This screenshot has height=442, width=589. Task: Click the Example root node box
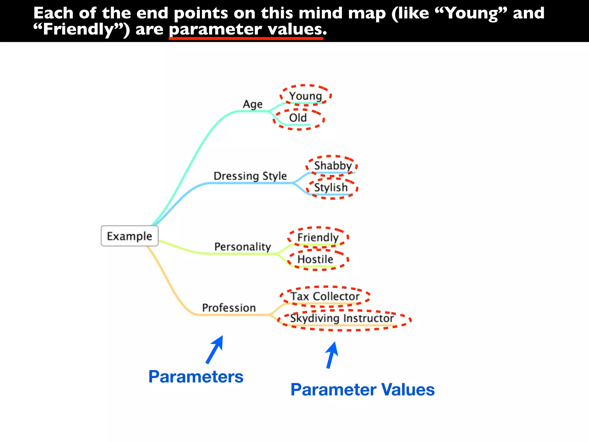click(129, 236)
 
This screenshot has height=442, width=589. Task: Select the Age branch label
click(253, 104)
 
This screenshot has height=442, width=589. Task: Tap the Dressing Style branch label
click(250, 176)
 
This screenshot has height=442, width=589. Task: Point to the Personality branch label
click(242, 247)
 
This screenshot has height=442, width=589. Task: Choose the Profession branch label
click(229, 308)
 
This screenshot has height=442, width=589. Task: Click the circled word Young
click(305, 96)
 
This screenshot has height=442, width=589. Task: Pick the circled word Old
click(298, 118)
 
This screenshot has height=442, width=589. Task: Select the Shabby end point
click(333, 165)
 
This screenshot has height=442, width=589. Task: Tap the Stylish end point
click(331, 187)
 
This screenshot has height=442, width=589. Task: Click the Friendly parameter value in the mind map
click(318, 237)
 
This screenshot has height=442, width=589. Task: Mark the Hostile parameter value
click(315, 259)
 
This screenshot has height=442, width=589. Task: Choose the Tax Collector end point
click(325, 296)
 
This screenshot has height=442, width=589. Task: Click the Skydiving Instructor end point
click(342, 318)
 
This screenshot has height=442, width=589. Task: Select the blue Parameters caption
click(196, 377)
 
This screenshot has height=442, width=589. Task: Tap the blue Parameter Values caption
click(362, 390)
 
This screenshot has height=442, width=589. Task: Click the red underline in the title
click(246, 38)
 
